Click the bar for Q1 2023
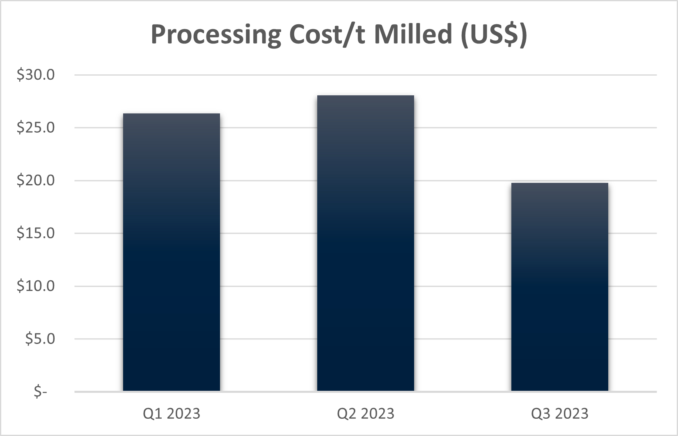click(172, 252)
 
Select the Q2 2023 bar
click(366, 243)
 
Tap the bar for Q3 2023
click(559, 287)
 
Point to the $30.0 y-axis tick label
click(36, 75)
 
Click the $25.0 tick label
click(36, 128)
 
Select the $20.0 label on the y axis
click(36, 181)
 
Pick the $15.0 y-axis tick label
click(36, 233)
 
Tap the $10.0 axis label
click(36, 286)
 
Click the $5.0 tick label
click(40, 339)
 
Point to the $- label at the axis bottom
click(40, 392)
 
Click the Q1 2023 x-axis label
click(172, 413)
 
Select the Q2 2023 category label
click(366, 413)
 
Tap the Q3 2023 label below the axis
click(559, 413)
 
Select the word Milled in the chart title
click(412, 35)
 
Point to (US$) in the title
click(493, 35)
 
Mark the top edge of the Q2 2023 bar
click(366, 96)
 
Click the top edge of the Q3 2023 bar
click(559, 183)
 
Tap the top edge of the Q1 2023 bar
click(172, 114)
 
